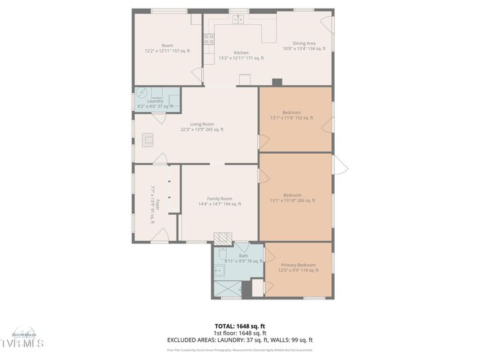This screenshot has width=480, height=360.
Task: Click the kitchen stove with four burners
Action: [209, 39]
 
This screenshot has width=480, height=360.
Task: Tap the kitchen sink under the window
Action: [239, 20]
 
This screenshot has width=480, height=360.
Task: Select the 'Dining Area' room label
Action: [299, 43]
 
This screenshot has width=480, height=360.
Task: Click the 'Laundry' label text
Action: [155, 101]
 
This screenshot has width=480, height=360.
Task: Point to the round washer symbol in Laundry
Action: [141, 93]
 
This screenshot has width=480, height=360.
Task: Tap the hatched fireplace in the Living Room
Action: [150, 139]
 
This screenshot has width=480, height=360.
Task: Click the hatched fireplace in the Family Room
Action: [223, 238]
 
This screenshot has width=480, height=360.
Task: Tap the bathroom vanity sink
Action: [219, 271]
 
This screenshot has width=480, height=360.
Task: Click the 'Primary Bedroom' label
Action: [298, 265]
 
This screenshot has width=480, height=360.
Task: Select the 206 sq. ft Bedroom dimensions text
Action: [292, 200]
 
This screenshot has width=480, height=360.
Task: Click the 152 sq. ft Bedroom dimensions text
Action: [291, 118]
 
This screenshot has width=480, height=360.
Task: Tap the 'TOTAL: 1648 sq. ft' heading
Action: [239, 327]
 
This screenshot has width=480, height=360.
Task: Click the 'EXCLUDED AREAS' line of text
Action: [239, 339]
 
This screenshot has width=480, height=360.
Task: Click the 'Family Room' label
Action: [219, 199]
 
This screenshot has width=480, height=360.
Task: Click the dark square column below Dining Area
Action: [277, 82]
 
